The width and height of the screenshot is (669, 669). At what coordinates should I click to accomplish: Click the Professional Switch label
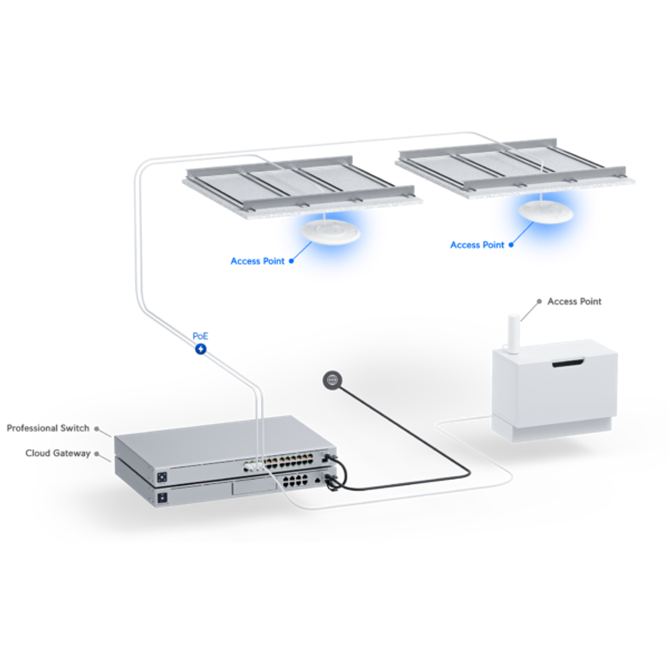tap(48, 428)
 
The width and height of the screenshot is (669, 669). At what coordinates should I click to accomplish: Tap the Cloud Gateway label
tap(58, 453)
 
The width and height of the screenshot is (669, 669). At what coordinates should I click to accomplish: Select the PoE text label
tap(200, 336)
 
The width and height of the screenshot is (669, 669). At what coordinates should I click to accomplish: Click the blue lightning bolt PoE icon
tap(200, 349)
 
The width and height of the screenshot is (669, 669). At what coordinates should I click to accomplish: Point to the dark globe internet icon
tap(332, 379)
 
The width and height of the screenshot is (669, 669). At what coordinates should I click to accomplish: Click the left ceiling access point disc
tap(330, 233)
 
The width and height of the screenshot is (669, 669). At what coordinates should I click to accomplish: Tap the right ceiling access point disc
tap(546, 211)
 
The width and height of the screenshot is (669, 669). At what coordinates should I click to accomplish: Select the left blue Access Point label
tap(257, 261)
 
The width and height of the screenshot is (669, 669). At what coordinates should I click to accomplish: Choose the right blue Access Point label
tap(477, 245)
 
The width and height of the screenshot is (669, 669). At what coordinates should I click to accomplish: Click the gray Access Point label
tap(574, 302)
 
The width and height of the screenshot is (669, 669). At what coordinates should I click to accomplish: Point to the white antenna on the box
tap(513, 334)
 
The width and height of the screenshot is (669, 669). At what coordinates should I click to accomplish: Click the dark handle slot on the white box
tap(568, 363)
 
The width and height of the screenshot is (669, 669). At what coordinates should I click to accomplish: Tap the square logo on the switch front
tap(162, 477)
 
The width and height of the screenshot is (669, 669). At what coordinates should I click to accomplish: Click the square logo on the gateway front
tap(162, 497)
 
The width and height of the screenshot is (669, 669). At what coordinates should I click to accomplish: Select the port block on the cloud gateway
tap(295, 481)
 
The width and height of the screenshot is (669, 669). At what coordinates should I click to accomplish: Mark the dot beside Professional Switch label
tap(97, 428)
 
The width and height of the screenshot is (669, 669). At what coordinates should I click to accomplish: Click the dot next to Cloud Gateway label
tap(97, 453)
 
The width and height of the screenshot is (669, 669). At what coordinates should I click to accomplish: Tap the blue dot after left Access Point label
tap(291, 261)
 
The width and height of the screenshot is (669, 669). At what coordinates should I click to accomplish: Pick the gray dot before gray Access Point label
tap(539, 301)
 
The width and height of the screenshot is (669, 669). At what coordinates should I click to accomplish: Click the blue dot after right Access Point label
tap(511, 245)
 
